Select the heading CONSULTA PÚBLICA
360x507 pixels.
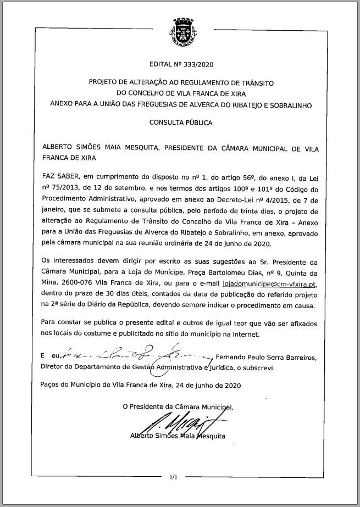(180, 123)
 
